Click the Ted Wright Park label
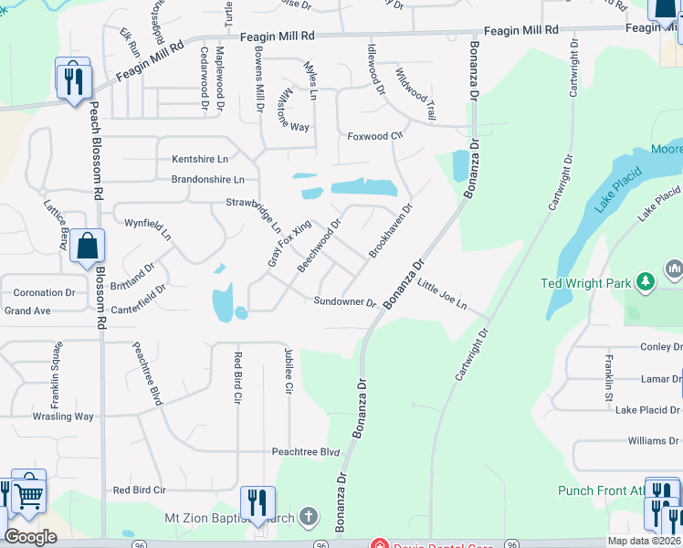click(585, 283)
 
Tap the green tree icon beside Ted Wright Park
click(646, 279)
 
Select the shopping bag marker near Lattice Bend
click(87, 247)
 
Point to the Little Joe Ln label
click(442, 295)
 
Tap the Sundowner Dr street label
click(345, 301)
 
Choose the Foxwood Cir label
click(374, 137)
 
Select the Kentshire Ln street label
click(200, 159)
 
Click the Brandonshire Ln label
click(208, 180)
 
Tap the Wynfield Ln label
click(148, 228)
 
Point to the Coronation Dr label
click(44, 293)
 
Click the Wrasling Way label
click(64, 416)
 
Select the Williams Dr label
click(653, 441)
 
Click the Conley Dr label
click(661, 347)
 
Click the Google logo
click(30, 537)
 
